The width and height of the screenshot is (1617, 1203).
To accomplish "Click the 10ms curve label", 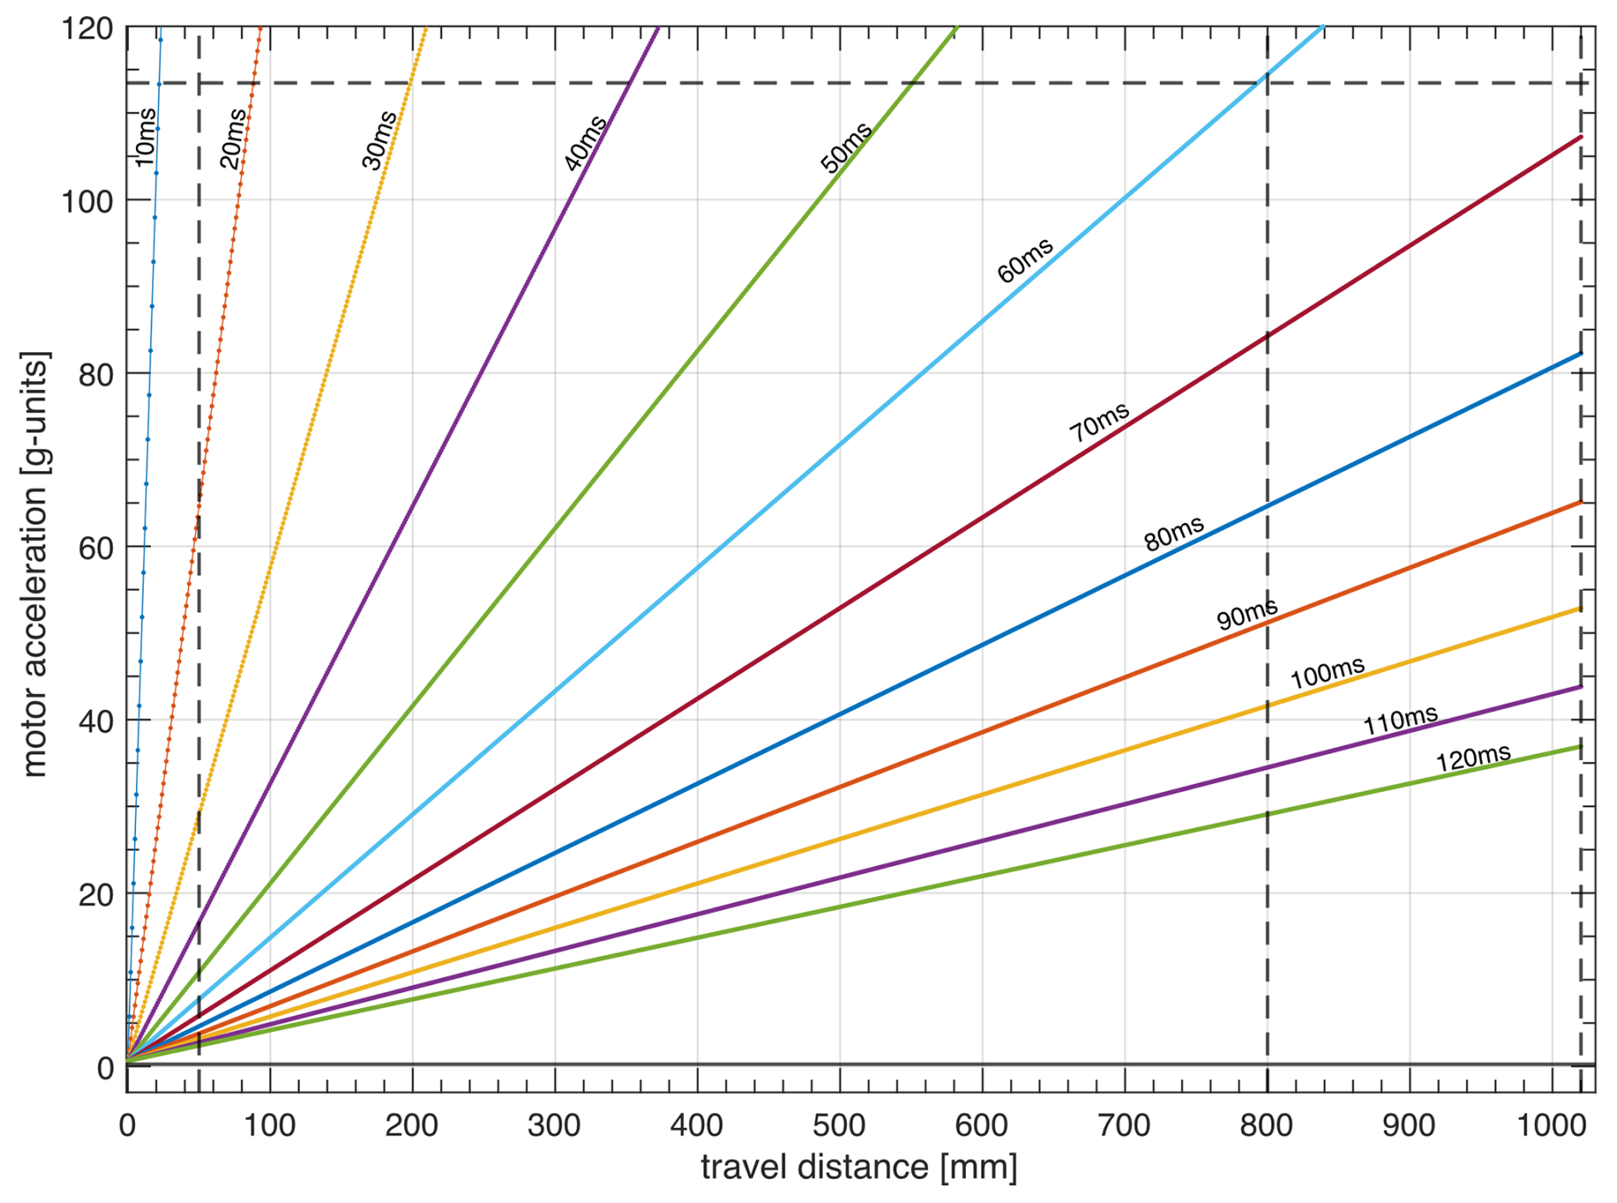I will pyautogui.click(x=145, y=137).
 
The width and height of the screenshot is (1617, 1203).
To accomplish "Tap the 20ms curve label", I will pyautogui.click(x=232, y=139).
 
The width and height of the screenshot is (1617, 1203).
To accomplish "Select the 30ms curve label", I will pyautogui.click(x=379, y=140).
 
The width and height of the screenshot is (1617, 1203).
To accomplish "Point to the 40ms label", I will pyautogui.click(x=585, y=143).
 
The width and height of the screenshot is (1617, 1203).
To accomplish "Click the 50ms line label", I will pyautogui.click(x=846, y=147).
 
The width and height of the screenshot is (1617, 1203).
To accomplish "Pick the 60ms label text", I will pyautogui.click(x=1025, y=261).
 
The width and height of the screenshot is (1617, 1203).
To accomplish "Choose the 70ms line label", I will pyautogui.click(x=1099, y=422).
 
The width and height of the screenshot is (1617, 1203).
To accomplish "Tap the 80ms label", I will pyautogui.click(x=1174, y=533).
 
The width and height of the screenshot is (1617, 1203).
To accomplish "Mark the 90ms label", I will pyautogui.click(x=1247, y=613).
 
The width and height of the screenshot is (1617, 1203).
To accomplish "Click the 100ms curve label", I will pyautogui.click(x=1327, y=673).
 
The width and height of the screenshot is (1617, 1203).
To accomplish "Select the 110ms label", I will pyautogui.click(x=1400, y=720).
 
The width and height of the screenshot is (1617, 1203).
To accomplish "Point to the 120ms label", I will pyautogui.click(x=1473, y=758).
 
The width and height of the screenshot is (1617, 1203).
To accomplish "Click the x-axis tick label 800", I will pyautogui.click(x=1266, y=1125).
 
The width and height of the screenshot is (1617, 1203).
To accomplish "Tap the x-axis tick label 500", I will pyautogui.click(x=839, y=1125).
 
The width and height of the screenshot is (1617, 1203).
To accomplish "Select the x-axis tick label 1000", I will pyautogui.click(x=1550, y=1125).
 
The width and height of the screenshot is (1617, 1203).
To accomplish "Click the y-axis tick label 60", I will pyautogui.click(x=96, y=547).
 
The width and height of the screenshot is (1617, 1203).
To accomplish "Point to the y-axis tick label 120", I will pyautogui.click(x=87, y=28).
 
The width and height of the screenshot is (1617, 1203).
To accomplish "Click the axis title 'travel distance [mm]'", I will pyautogui.click(x=859, y=1167).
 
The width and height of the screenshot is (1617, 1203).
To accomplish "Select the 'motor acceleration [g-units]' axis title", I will pyautogui.click(x=36, y=564).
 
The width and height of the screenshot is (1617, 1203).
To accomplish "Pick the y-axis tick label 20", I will pyautogui.click(x=96, y=894).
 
